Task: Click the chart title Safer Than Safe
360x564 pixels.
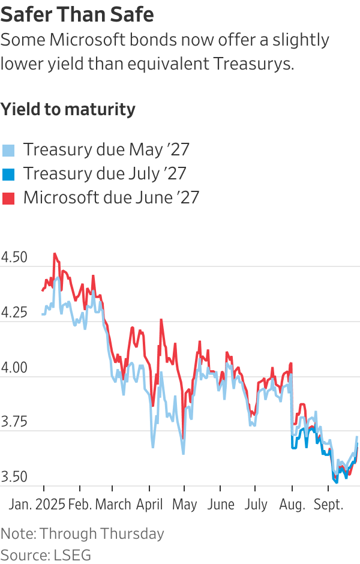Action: [77, 14]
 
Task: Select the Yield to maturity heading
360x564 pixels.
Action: [68, 109]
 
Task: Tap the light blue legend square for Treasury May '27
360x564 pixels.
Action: [8, 150]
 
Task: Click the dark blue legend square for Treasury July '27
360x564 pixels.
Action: [8, 174]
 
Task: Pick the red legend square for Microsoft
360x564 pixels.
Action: [8, 198]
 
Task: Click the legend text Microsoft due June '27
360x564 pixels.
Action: [111, 197]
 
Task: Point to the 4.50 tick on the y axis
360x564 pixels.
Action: [14, 257]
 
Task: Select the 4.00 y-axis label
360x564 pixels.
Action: [14, 367]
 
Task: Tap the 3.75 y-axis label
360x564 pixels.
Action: [14, 422]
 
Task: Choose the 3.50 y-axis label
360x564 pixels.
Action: [14, 477]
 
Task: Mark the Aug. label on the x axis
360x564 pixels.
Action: [292, 504]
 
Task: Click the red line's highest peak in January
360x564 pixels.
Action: [55, 254]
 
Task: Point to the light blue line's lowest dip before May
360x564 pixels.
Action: [183, 453]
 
